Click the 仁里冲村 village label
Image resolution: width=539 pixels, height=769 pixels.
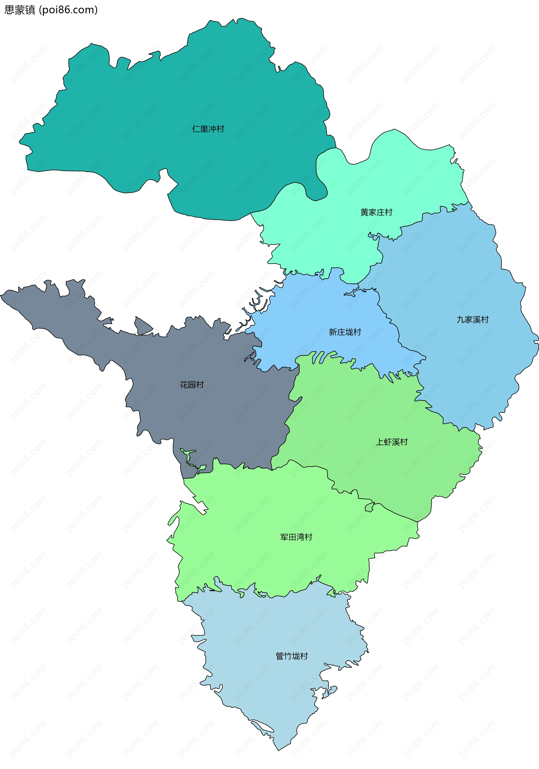click(208, 129)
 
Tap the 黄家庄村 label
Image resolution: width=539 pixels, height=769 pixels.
click(376, 212)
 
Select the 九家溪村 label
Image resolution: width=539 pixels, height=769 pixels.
click(472, 320)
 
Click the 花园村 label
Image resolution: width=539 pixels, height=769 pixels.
click(192, 384)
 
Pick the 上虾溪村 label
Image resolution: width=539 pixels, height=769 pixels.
click(392, 442)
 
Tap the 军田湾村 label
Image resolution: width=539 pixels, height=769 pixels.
click(296, 537)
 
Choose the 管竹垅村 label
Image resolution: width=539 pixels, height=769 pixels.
click(292, 656)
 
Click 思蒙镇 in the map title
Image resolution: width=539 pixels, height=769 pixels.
click(19, 10)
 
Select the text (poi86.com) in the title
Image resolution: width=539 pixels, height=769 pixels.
click(68, 10)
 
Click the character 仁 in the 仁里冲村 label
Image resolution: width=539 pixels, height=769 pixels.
click(196, 129)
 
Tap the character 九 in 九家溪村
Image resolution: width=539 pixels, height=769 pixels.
click(461, 320)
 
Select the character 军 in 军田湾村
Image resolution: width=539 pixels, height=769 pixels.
click(284, 537)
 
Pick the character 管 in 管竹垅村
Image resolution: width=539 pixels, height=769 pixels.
click(280, 656)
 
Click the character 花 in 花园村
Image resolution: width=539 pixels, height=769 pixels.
click(184, 384)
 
